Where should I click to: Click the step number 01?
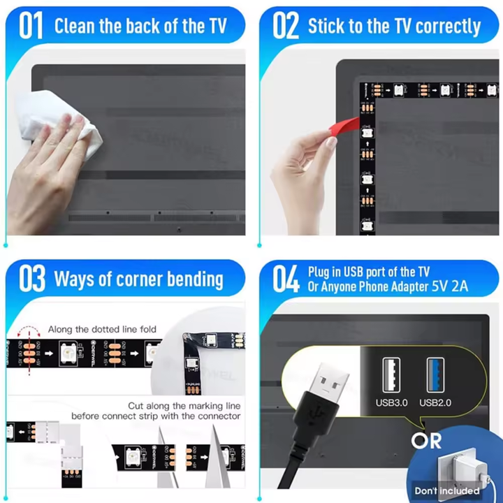pyautogui.click(x=31, y=26)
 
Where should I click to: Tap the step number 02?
pyautogui.click(x=284, y=26)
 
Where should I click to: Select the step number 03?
pyautogui.click(x=32, y=279)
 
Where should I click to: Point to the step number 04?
pyautogui.click(x=285, y=279)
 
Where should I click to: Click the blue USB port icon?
pyautogui.click(x=437, y=374)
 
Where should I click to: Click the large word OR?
pyautogui.click(x=426, y=442)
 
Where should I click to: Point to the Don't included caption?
pyautogui.click(x=446, y=490)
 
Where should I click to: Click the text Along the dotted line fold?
pyautogui.click(x=102, y=328)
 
